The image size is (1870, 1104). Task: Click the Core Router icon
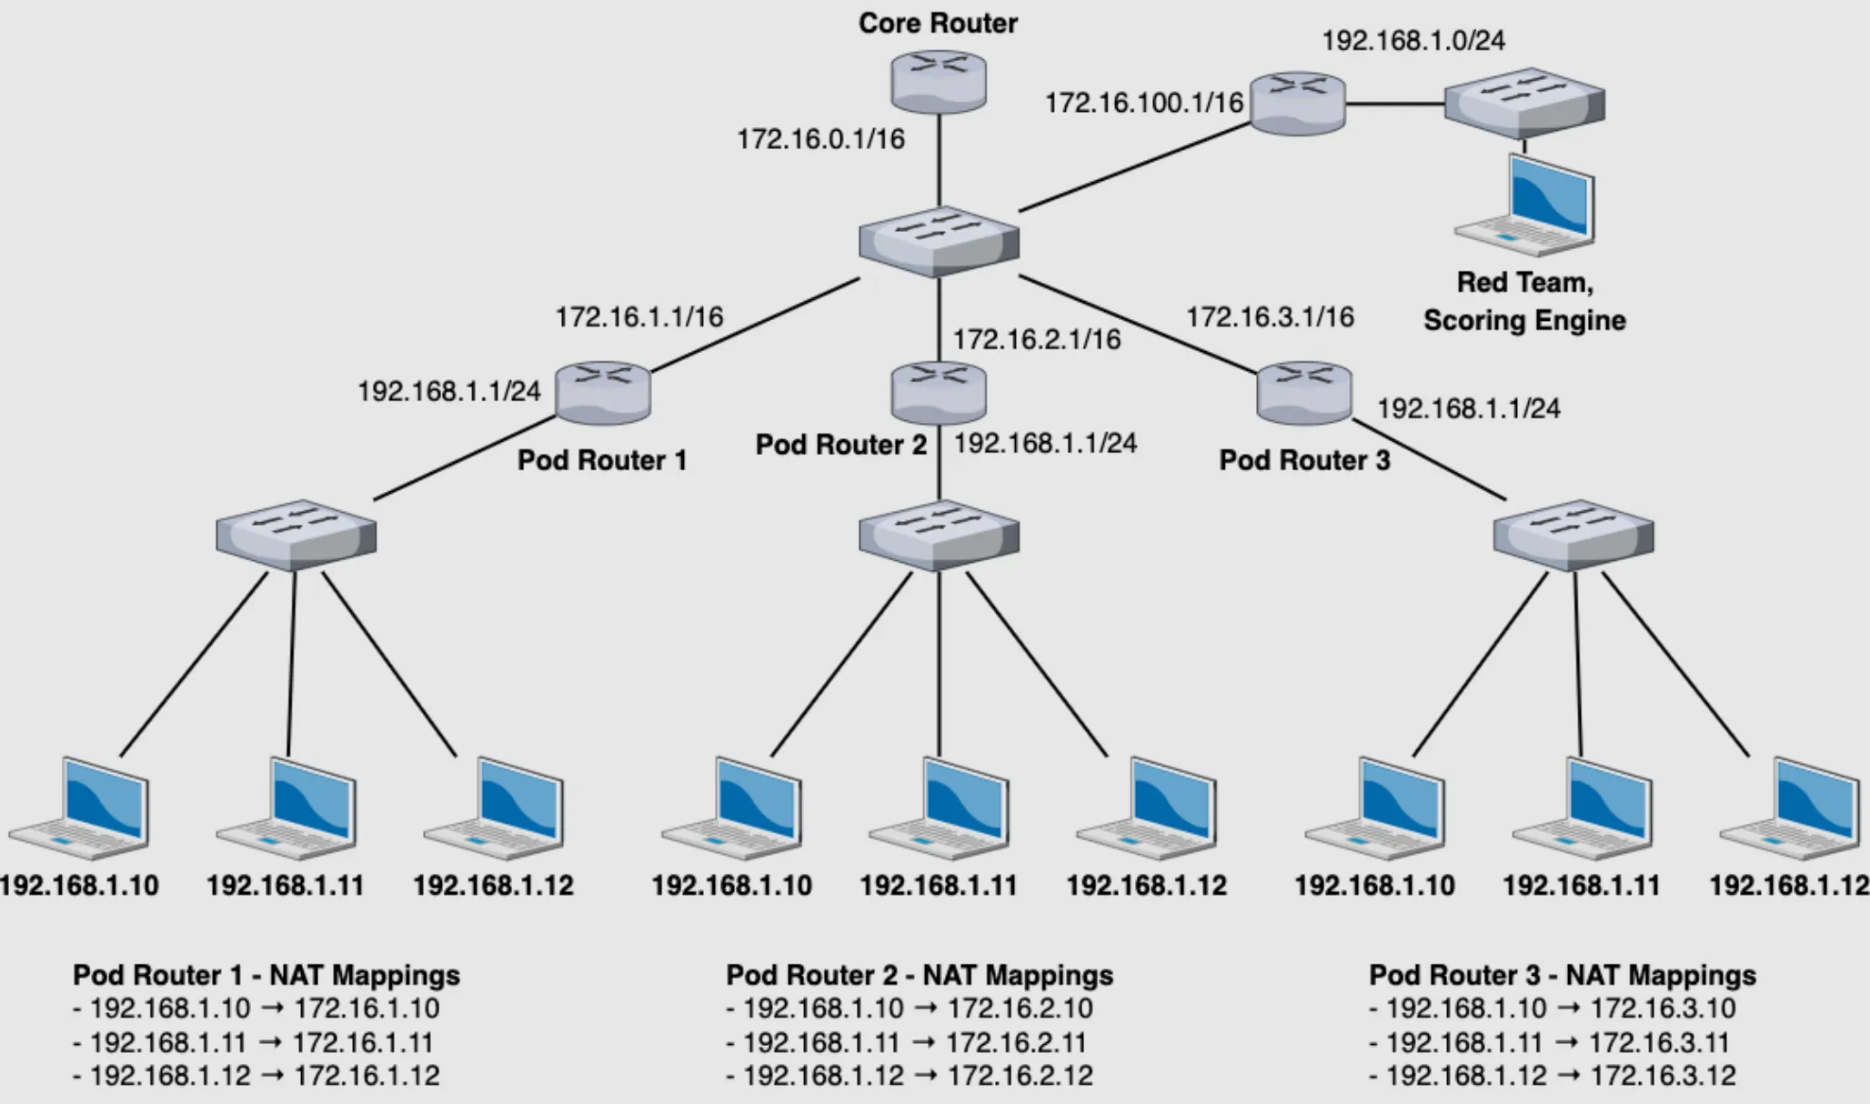pos(938,81)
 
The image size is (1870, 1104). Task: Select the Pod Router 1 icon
pos(602,393)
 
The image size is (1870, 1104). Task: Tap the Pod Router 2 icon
pos(939,393)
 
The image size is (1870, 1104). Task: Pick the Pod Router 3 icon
pos(1303,393)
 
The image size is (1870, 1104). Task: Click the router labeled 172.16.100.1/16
pos(1297,104)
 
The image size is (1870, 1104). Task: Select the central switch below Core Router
pos(939,241)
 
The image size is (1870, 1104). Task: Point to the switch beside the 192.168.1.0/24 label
pos(1524,103)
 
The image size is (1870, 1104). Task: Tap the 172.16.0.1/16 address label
pos(820,139)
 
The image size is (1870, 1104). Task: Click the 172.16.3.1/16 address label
pos(1270,316)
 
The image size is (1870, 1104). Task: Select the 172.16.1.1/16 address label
pos(639,316)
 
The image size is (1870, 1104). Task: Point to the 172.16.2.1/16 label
pos(1037,339)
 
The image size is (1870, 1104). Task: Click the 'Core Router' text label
pos(938,23)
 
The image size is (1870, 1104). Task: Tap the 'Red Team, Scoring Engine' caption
pos(1524,301)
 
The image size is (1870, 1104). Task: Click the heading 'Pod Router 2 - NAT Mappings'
pos(919,975)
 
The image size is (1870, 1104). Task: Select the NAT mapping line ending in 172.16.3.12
pos(1552,1076)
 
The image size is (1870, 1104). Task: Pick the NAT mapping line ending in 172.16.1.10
pos(256,1009)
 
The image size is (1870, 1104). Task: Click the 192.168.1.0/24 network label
pos(1413,40)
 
